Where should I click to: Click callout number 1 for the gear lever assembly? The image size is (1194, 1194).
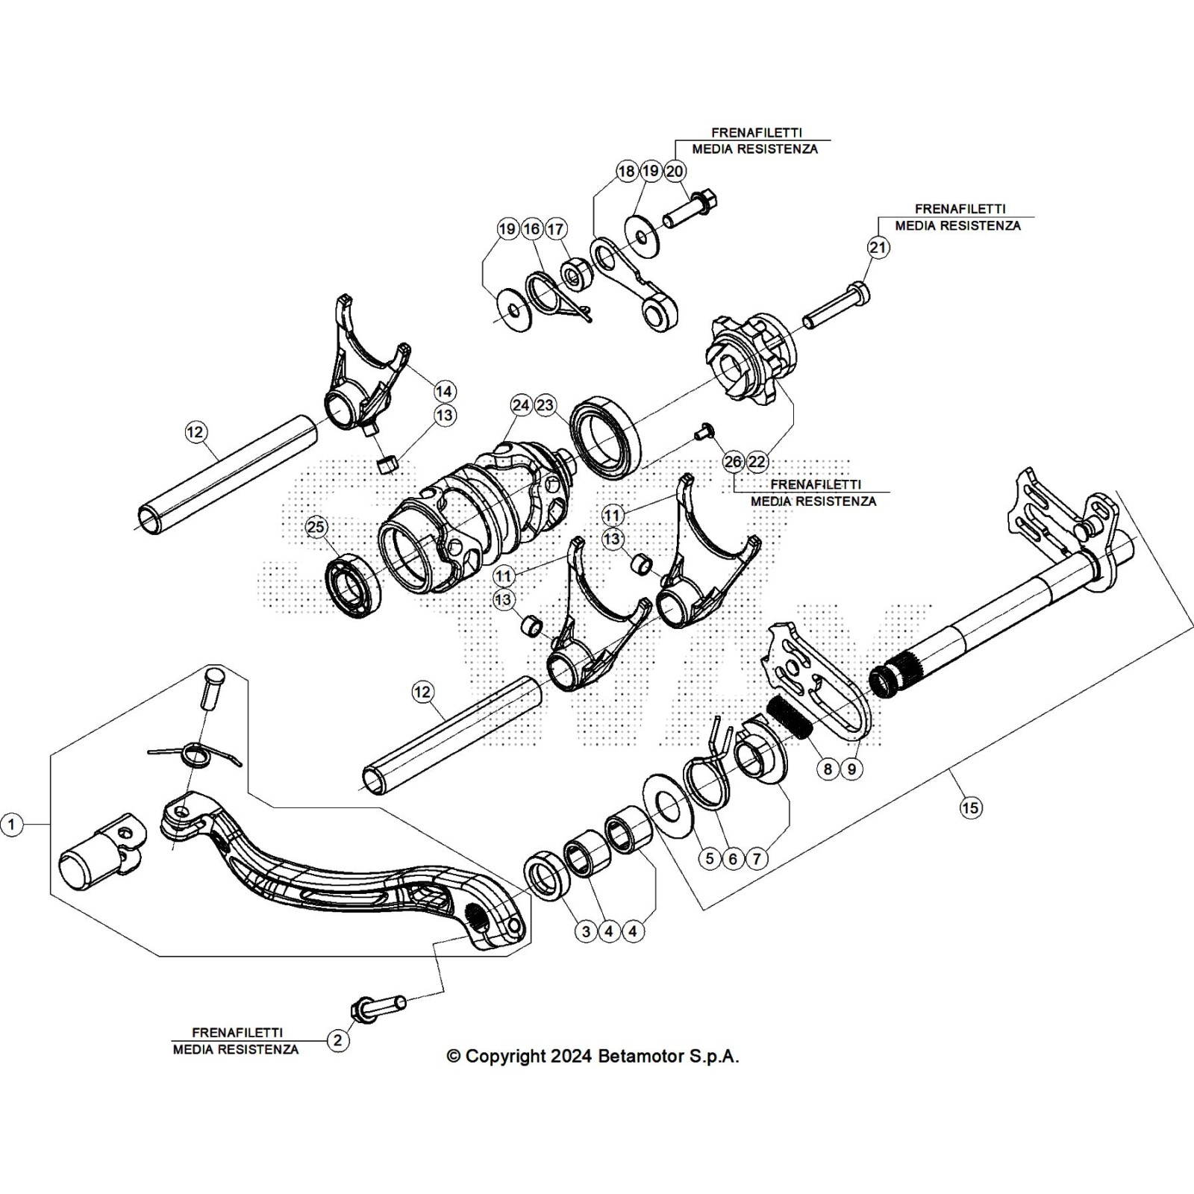pyautogui.click(x=11, y=825)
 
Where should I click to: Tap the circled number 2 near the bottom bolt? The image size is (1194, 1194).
pyautogui.click(x=338, y=1040)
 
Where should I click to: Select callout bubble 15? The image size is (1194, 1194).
pyautogui.click(x=971, y=807)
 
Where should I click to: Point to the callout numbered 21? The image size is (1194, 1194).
pyautogui.click(x=878, y=248)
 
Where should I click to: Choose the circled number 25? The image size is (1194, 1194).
pyautogui.click(x=316, y=528)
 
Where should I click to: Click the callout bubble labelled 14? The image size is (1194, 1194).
pyautogui.click(x=444, y=391)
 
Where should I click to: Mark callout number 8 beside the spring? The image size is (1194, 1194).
pyautogui.click(x=828, y=769)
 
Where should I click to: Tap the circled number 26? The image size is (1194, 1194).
pyautogui.click(x=734, y=462)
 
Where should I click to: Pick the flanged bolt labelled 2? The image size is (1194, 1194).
pyautogui.click(x=377, y=1007)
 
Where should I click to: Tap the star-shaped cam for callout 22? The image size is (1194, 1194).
pyautogui.click(x=750, y=356)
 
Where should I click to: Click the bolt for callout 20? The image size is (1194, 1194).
pyautogui.click(x=690, y=211)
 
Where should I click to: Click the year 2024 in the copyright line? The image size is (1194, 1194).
pyautogui.click(x=572, y=1057)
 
